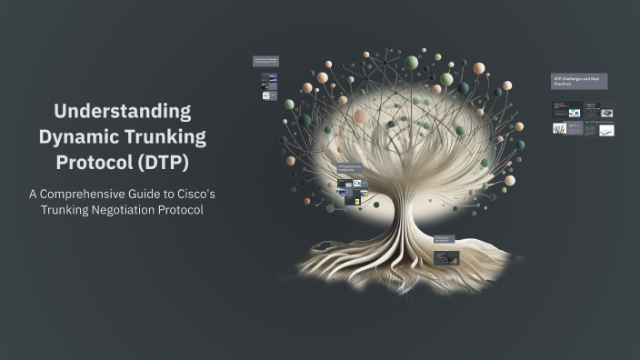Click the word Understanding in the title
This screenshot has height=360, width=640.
pos(122,111)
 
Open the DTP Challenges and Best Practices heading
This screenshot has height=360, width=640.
pos(578,81)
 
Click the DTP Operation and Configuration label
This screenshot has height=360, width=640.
pos(351,168)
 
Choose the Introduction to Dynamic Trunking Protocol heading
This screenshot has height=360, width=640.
pos(265,61)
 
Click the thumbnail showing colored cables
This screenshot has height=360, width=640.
pos(560,129)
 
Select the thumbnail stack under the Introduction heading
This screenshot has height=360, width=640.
pos(269,87)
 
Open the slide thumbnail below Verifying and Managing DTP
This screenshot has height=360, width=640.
pos(447,257)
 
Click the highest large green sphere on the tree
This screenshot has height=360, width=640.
pos(412,62)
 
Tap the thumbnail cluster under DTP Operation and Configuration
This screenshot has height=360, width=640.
pos(352,190)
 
